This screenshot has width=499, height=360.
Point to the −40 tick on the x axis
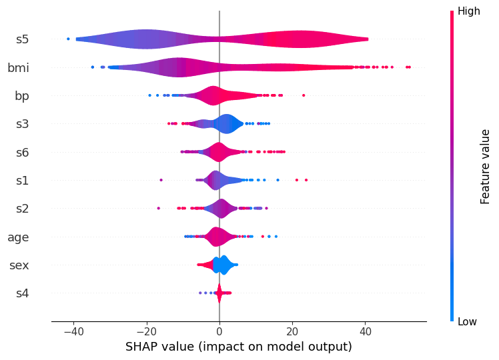click(73, 331)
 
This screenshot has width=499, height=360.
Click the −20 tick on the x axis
click(146, 331)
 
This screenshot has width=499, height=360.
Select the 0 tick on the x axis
click(219, 331)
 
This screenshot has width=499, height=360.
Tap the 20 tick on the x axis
click(292, 331)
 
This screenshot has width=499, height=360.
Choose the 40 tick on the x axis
click(365, 331)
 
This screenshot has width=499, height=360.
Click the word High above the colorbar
click(468, 11)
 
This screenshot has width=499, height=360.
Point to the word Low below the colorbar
click(467, 322)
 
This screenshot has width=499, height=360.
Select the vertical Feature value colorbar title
click(486, 167)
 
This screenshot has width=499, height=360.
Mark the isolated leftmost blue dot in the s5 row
click(68, 39)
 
